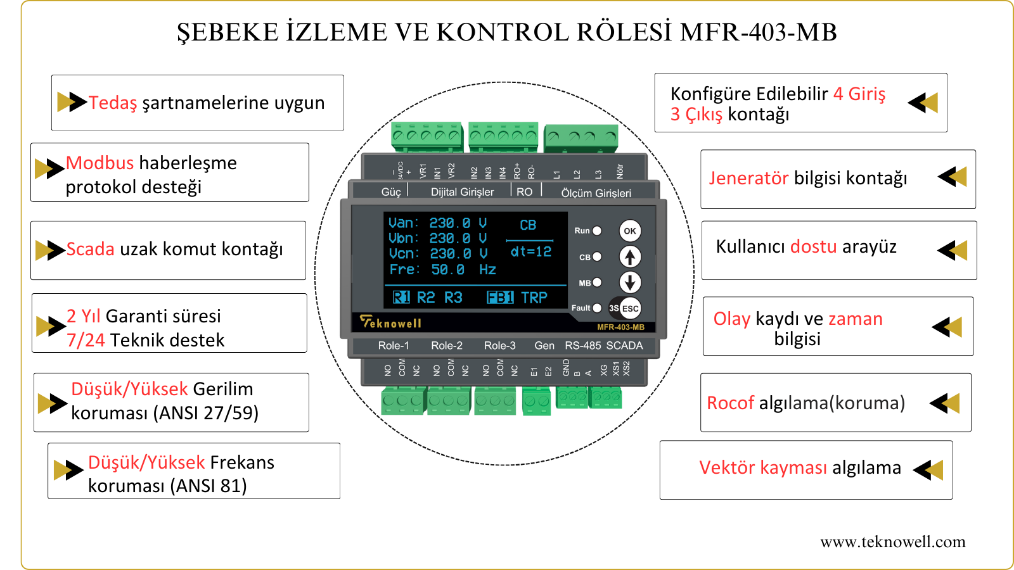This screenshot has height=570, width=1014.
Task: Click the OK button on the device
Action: point(629,231)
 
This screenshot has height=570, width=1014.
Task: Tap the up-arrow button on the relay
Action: point(629,256)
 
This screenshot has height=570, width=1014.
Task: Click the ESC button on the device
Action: point(630,308)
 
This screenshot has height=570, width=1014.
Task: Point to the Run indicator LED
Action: point(597,231)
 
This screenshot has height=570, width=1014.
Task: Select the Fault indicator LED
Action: point(597,308)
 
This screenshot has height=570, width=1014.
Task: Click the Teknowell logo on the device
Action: point(390,322)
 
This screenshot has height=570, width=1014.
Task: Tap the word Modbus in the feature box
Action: point(99,163)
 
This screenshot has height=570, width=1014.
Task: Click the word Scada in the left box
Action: point(91,249)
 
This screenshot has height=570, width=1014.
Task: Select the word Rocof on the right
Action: point(731,403)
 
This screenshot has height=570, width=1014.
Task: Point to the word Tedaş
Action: point(113,103)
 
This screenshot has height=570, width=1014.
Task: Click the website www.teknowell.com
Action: point(892,541)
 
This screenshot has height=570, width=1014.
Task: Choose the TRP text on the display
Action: point(534,298)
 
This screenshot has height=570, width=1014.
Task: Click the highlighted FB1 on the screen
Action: point(500,298)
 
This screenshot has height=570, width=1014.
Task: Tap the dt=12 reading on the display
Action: point(531,252)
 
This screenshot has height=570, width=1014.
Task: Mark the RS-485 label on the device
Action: point(582,346)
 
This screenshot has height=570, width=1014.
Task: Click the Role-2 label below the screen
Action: point(447,346)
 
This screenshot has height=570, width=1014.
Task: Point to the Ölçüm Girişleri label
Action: point(596,193)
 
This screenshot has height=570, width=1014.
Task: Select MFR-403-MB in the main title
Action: point(758,32)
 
